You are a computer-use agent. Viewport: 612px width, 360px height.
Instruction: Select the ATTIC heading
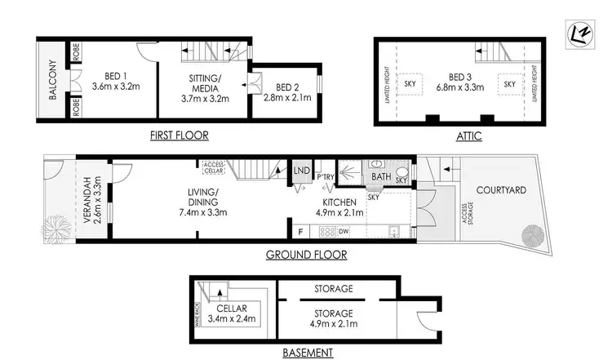click(468, 136)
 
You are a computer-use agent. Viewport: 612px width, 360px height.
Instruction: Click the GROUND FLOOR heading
click(307, 255)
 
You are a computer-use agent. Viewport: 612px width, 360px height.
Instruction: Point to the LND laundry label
click(302, 170)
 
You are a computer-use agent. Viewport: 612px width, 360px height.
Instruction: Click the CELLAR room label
click(232, 309)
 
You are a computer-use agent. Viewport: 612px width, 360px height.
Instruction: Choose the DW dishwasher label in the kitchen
click(344, 231)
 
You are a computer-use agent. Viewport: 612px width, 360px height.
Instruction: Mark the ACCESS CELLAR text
click(214, 167)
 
